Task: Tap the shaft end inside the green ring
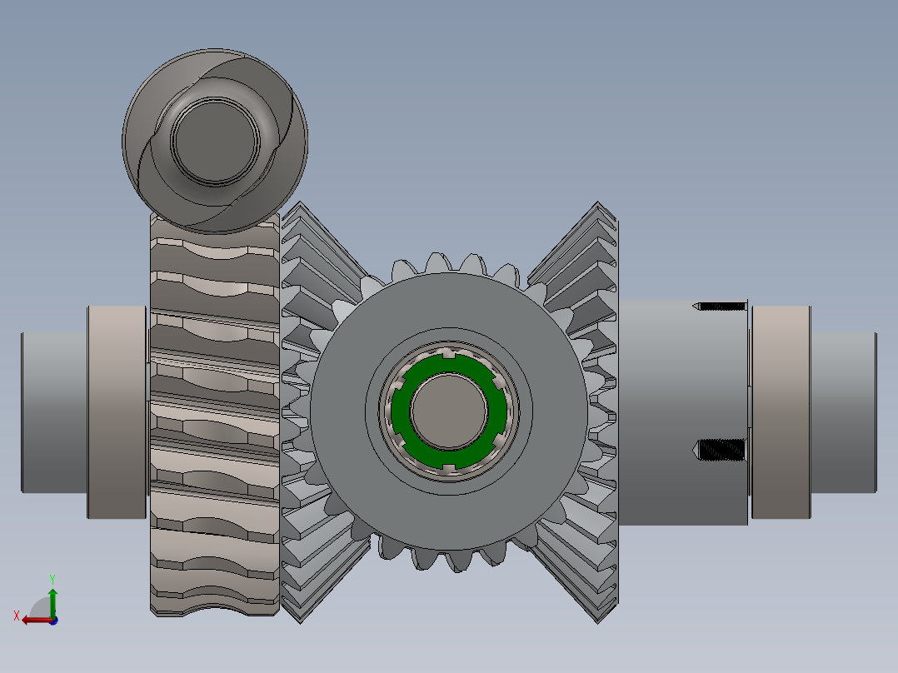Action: [x=449, y=411]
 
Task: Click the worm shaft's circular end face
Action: [x=215, y=141]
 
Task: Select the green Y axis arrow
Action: [x=52, y=602]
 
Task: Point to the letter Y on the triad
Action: [x=52, y=579]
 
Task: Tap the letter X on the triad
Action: [x=17, y=616]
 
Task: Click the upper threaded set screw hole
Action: [x=720, y=307]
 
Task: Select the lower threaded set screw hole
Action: [x=720, y=451]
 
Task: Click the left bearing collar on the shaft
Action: [x=117, y=411]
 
